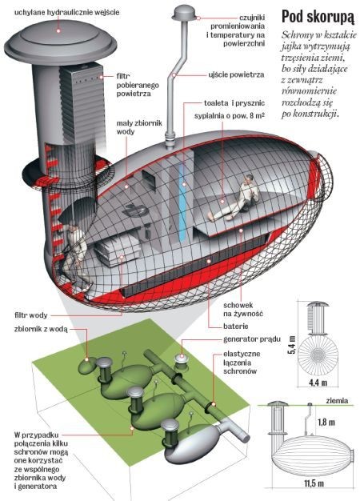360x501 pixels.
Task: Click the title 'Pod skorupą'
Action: click(x=318, y=17)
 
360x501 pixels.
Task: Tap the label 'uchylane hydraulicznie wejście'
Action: click(x=66, y=13)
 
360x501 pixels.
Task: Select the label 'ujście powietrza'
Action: click(x=236, y=74)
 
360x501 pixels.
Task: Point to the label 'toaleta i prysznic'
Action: click(x=234, y=103)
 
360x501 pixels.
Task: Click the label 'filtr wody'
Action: click(x=31, y=315)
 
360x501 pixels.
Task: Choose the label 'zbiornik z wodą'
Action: click(x=41, y=329)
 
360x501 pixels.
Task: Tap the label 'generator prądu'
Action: click(x=252, y=339)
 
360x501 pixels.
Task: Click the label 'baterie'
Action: click(x=236, y=327)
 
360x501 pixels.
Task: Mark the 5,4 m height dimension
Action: click(x=292, y=345)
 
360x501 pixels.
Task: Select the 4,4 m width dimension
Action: click(x=318, y=382)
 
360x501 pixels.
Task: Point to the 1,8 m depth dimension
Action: click(x=326, y=423)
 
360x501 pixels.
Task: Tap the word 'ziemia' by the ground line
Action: click(x=337, y=401)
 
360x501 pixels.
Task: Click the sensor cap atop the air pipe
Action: click(x=185, y=14)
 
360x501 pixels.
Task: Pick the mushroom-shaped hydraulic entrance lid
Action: click(x=60, y=42)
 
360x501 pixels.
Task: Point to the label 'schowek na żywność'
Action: click(x=243, y=309)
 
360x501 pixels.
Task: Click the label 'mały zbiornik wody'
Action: click(x=139, y=127)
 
